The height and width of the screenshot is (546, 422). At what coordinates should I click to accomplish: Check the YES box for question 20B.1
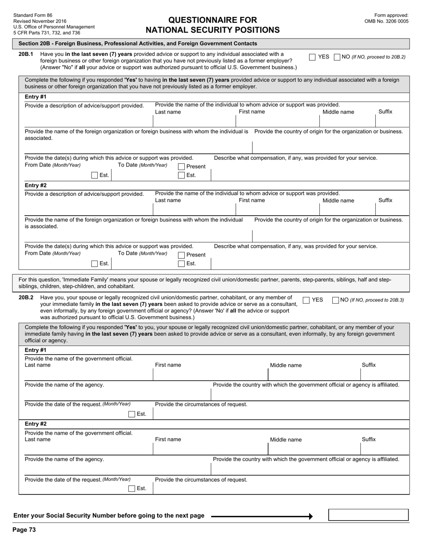click(312, 57)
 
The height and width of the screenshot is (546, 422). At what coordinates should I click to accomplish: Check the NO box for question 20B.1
click(337, 57)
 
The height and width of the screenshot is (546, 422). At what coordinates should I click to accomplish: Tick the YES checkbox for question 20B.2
click(306, 300)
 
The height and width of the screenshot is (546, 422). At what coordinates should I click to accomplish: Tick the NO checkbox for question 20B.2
click(335, 300)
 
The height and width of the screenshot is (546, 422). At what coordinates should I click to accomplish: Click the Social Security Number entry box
click(368, 515)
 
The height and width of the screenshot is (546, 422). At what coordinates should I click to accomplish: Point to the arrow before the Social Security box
click(262, 516)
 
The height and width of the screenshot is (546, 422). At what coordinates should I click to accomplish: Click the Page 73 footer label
click(24, 530)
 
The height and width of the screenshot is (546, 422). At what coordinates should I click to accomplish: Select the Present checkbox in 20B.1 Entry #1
click(181, 166)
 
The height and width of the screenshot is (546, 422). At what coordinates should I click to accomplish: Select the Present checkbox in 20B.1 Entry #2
click(181, 255)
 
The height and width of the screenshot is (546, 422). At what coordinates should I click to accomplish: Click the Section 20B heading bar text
click(138, 44)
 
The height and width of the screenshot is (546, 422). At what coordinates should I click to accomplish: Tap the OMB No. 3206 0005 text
click(386, 21)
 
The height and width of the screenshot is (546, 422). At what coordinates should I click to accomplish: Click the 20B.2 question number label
click(26, 298)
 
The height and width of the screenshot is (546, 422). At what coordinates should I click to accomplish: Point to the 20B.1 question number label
click(26, 54)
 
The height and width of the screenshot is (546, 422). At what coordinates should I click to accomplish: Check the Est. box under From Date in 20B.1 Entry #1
click(94, 175)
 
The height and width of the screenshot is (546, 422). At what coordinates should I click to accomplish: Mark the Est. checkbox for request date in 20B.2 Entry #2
click(131, 488)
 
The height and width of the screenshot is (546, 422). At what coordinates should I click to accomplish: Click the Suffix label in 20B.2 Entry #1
click(369, 365)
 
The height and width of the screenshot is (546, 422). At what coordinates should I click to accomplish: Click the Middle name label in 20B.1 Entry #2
click(338, 201)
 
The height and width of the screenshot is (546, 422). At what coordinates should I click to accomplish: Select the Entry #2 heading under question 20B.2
click(36, 424)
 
